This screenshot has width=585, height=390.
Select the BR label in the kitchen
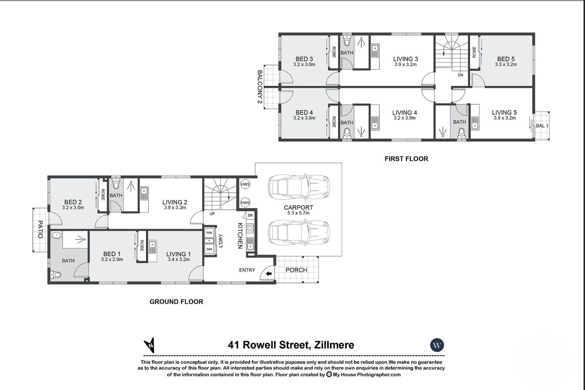click(250, 215)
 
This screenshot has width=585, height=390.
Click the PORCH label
click(296, 270)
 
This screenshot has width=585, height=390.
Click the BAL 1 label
click(542, 126)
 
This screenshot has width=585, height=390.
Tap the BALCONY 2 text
click(260, 88)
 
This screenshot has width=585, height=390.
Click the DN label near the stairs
click(460, 76)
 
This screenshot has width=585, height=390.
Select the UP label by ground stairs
click(212, 214)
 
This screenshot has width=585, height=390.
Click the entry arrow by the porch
click(269, 275)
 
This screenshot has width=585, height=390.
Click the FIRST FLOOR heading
click(406, 158)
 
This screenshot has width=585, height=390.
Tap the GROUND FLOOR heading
click(176, 302)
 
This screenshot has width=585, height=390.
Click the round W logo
click(437, 345)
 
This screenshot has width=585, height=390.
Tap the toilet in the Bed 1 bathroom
click(56, 275)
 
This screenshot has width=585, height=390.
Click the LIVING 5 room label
click(504, 113)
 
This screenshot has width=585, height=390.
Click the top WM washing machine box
click(209, 233)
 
